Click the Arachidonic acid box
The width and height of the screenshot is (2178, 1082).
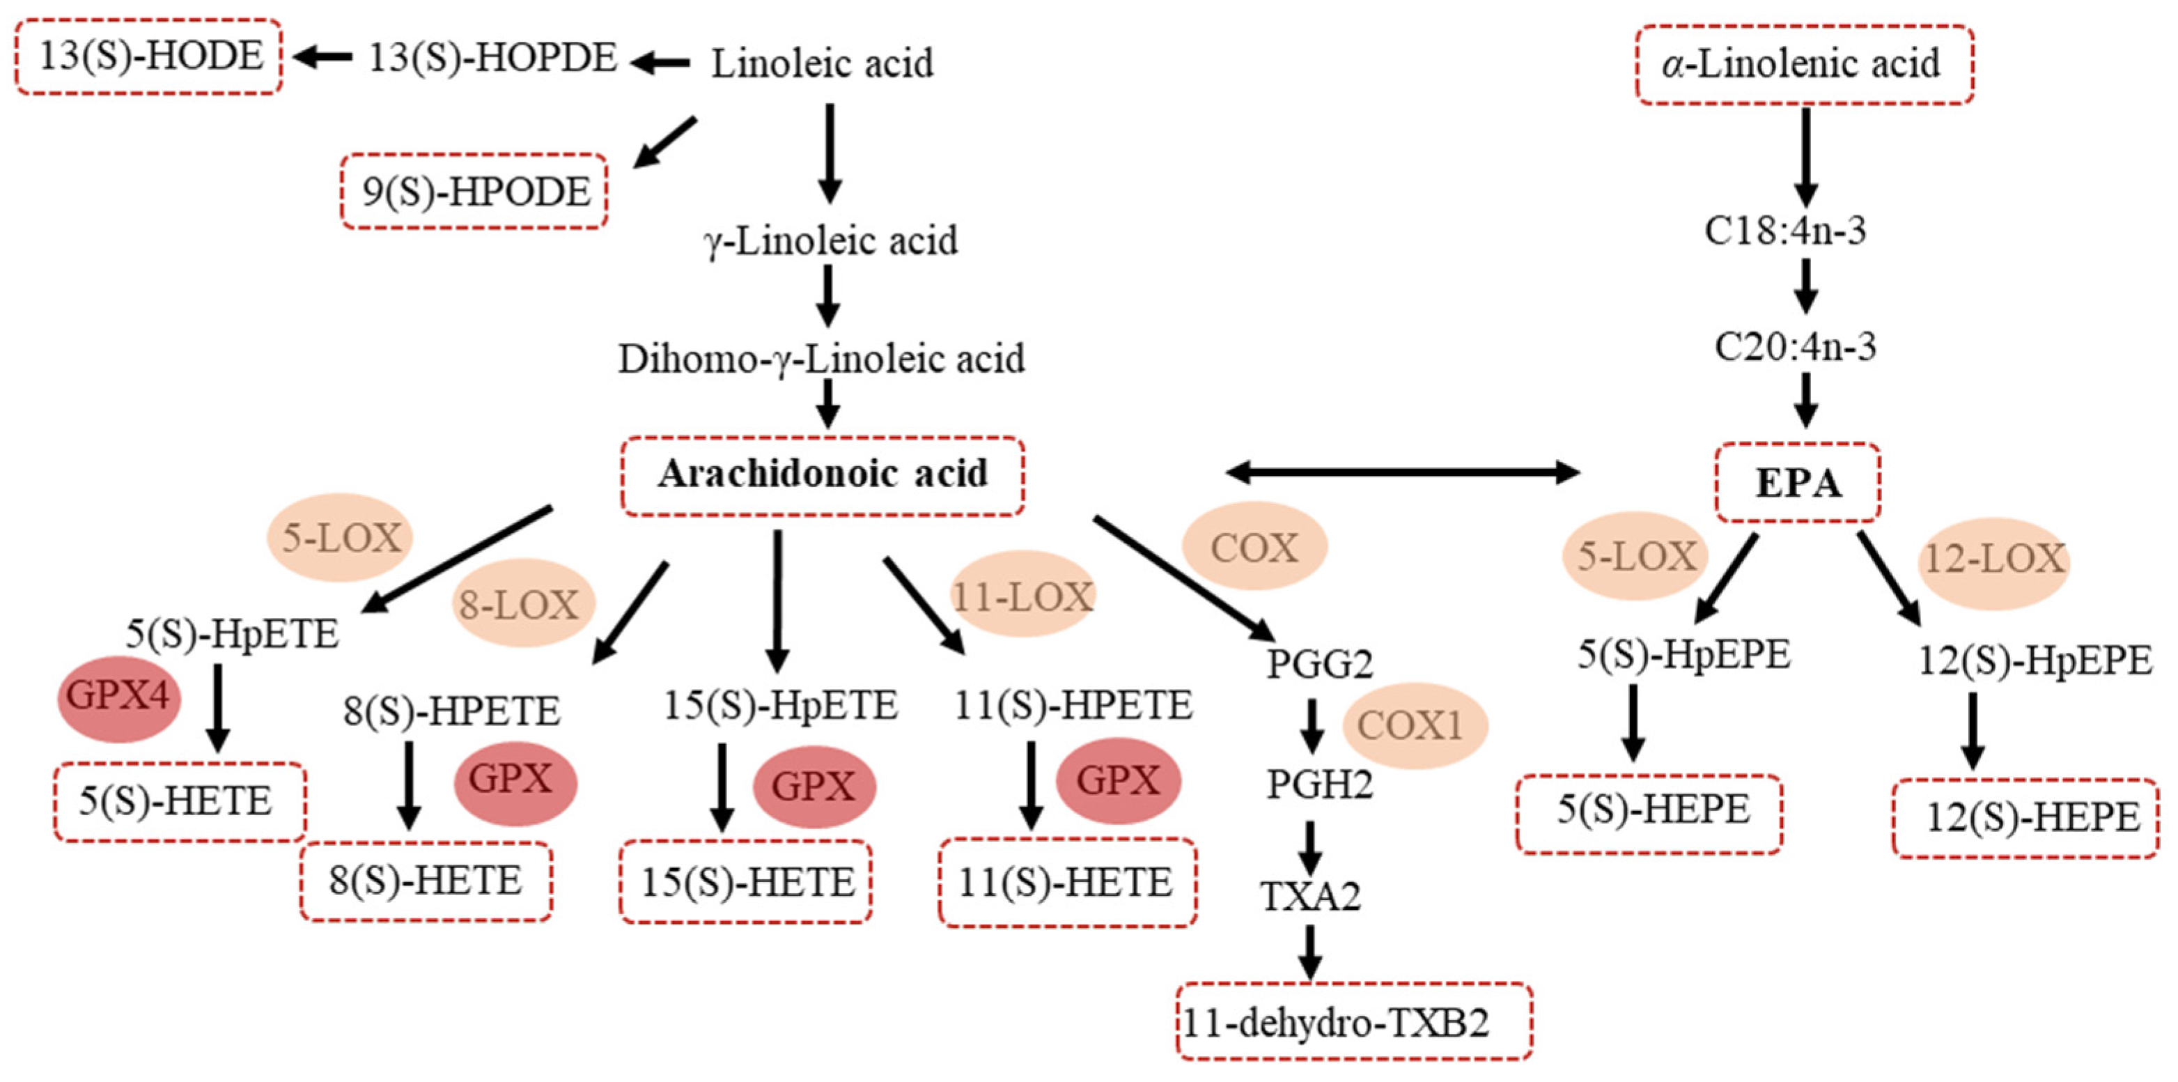point(823,475)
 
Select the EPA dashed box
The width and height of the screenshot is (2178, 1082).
point(1798,482)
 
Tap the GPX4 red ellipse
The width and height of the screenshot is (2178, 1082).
point(118,698)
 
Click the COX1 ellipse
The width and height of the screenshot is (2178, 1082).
point(1410,726)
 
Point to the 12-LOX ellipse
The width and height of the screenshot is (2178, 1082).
point(1996,561)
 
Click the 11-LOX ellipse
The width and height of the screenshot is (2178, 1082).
point(1023,596)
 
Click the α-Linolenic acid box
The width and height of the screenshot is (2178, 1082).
point(1804,64)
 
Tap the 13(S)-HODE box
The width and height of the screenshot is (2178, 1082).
point(149,56)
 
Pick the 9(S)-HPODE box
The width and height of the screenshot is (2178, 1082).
point(474,191)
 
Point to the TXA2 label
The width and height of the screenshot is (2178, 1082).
point(1311,897)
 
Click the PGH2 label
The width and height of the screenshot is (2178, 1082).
point(1319,785)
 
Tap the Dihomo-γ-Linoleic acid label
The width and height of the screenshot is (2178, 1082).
point(821,359)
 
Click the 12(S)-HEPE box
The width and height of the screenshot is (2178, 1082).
point(2024,818)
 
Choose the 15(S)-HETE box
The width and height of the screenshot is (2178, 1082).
point(746,882)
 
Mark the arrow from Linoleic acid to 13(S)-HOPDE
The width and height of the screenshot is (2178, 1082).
point(660,63)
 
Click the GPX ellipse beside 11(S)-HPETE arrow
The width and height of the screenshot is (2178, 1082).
point(1117,780)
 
